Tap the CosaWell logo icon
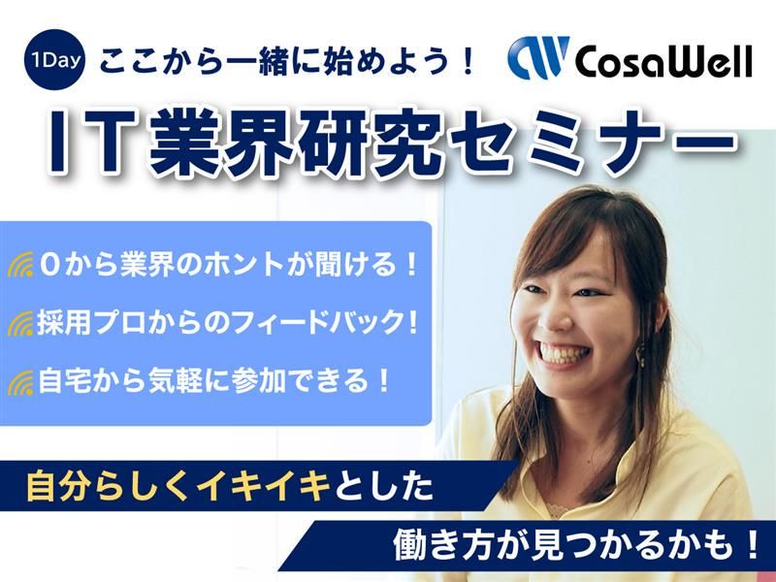(x=537, y=60)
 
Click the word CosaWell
(x=663, y=61)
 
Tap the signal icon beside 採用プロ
(x=21, y=323)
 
